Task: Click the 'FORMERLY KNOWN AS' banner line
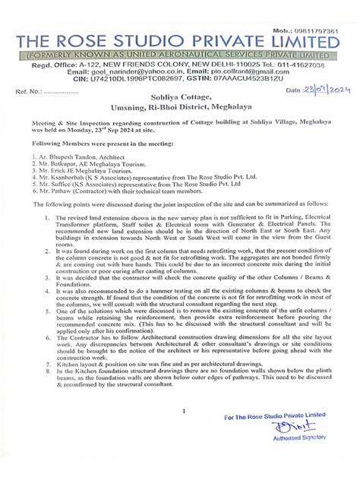tap(179, 57)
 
